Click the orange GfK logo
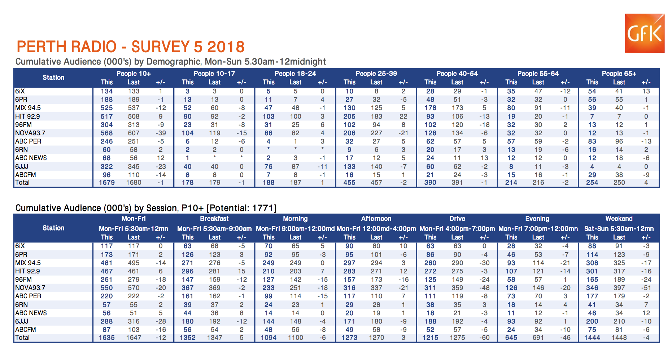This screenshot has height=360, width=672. click(x=644, y=33)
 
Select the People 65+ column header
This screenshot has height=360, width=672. click(x=619, y=74)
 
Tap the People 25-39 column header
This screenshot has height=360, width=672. click(x=376, y=74)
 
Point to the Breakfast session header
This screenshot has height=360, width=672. click(x=214, y=219)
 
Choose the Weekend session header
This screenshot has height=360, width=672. click(x=619, y=219)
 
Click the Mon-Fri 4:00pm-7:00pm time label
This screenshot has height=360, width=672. click(x=457, y=229)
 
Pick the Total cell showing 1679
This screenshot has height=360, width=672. click(x=107, y=183)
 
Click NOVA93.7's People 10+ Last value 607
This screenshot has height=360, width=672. click(x=134, y=133)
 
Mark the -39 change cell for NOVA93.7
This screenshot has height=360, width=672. click(x=161, y=133)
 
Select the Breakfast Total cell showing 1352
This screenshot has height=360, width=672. click(x=188, y=338)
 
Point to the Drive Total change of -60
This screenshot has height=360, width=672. click(x=484, y=338)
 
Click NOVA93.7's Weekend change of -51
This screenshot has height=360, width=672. click(x=646, y=288)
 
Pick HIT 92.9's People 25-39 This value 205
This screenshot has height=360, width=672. click(x=349, y=117)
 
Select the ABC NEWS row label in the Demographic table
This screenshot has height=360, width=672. click(x=31, y=158)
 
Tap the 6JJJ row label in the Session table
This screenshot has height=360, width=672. click(x=22, y=321)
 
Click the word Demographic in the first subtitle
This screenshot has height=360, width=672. click(x=175, y=62)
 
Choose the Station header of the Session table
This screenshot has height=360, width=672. click(x=53, y=228)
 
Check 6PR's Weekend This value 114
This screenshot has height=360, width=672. click(x=592, y=255)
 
